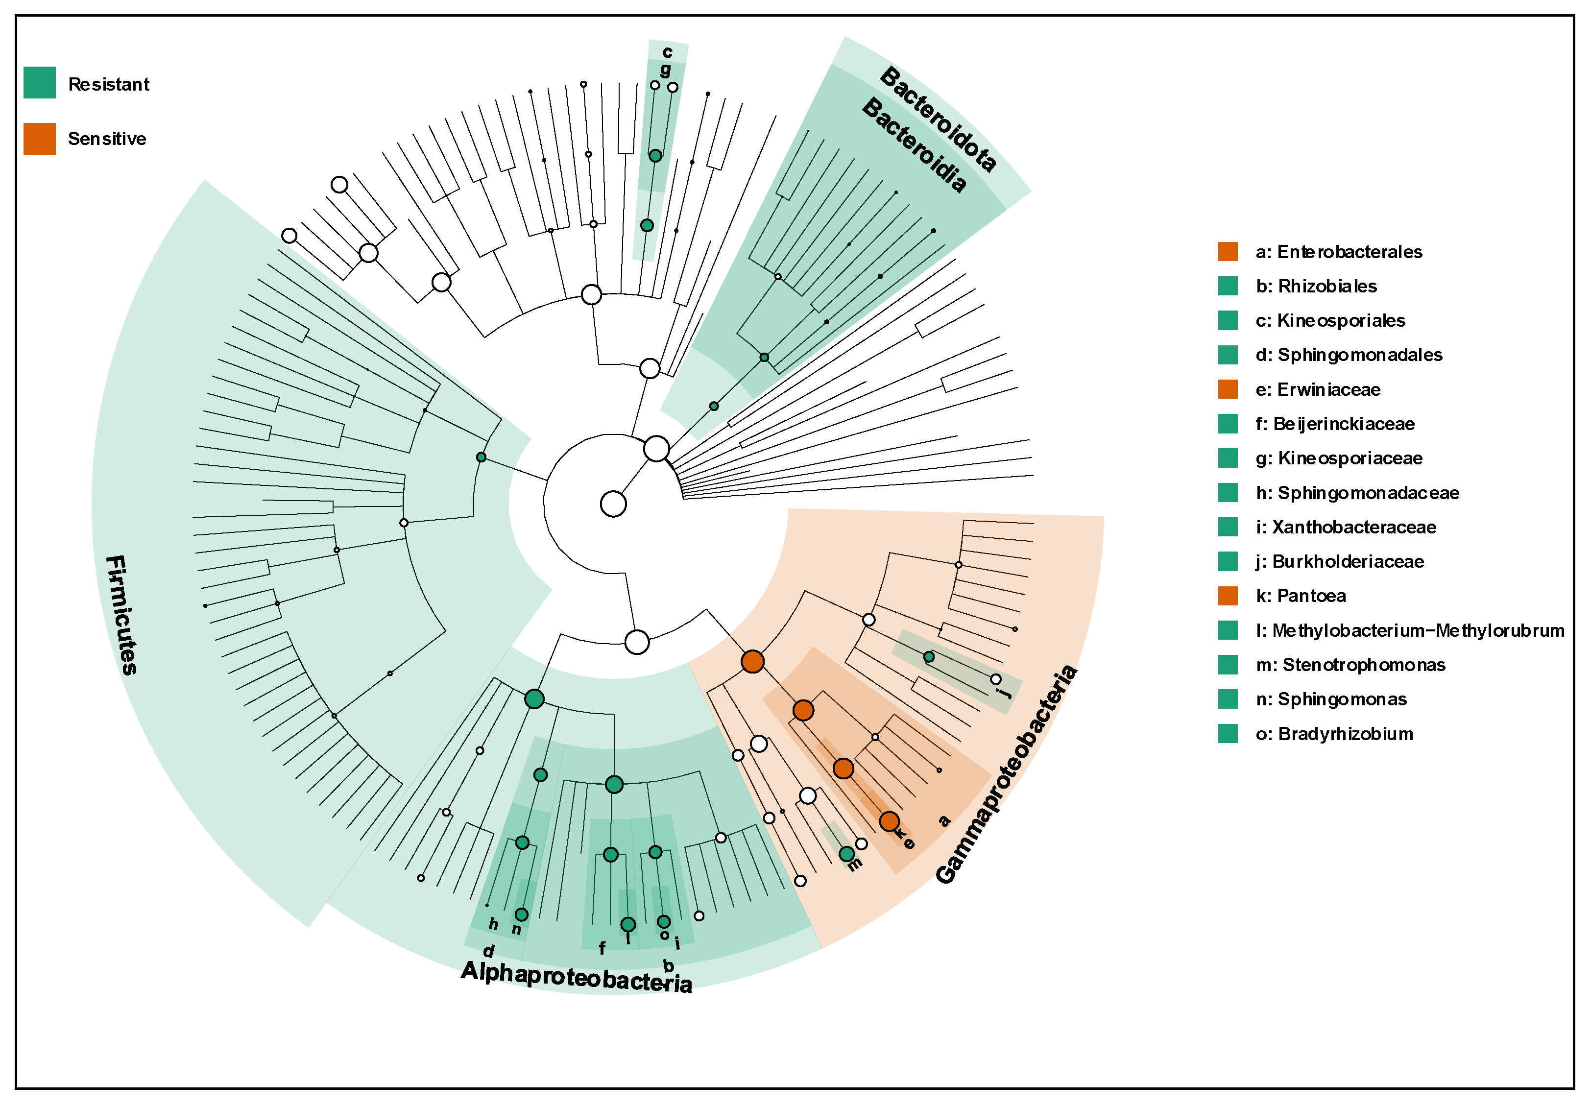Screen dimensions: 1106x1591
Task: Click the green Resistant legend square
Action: point(40,82)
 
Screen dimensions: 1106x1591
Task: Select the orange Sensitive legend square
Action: point(40,139)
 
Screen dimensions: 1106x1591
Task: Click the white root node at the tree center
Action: point(613,504)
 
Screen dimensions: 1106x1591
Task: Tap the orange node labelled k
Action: point(889,821)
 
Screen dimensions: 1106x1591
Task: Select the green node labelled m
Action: point(846,854)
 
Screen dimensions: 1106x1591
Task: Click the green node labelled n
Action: point(522,915)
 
